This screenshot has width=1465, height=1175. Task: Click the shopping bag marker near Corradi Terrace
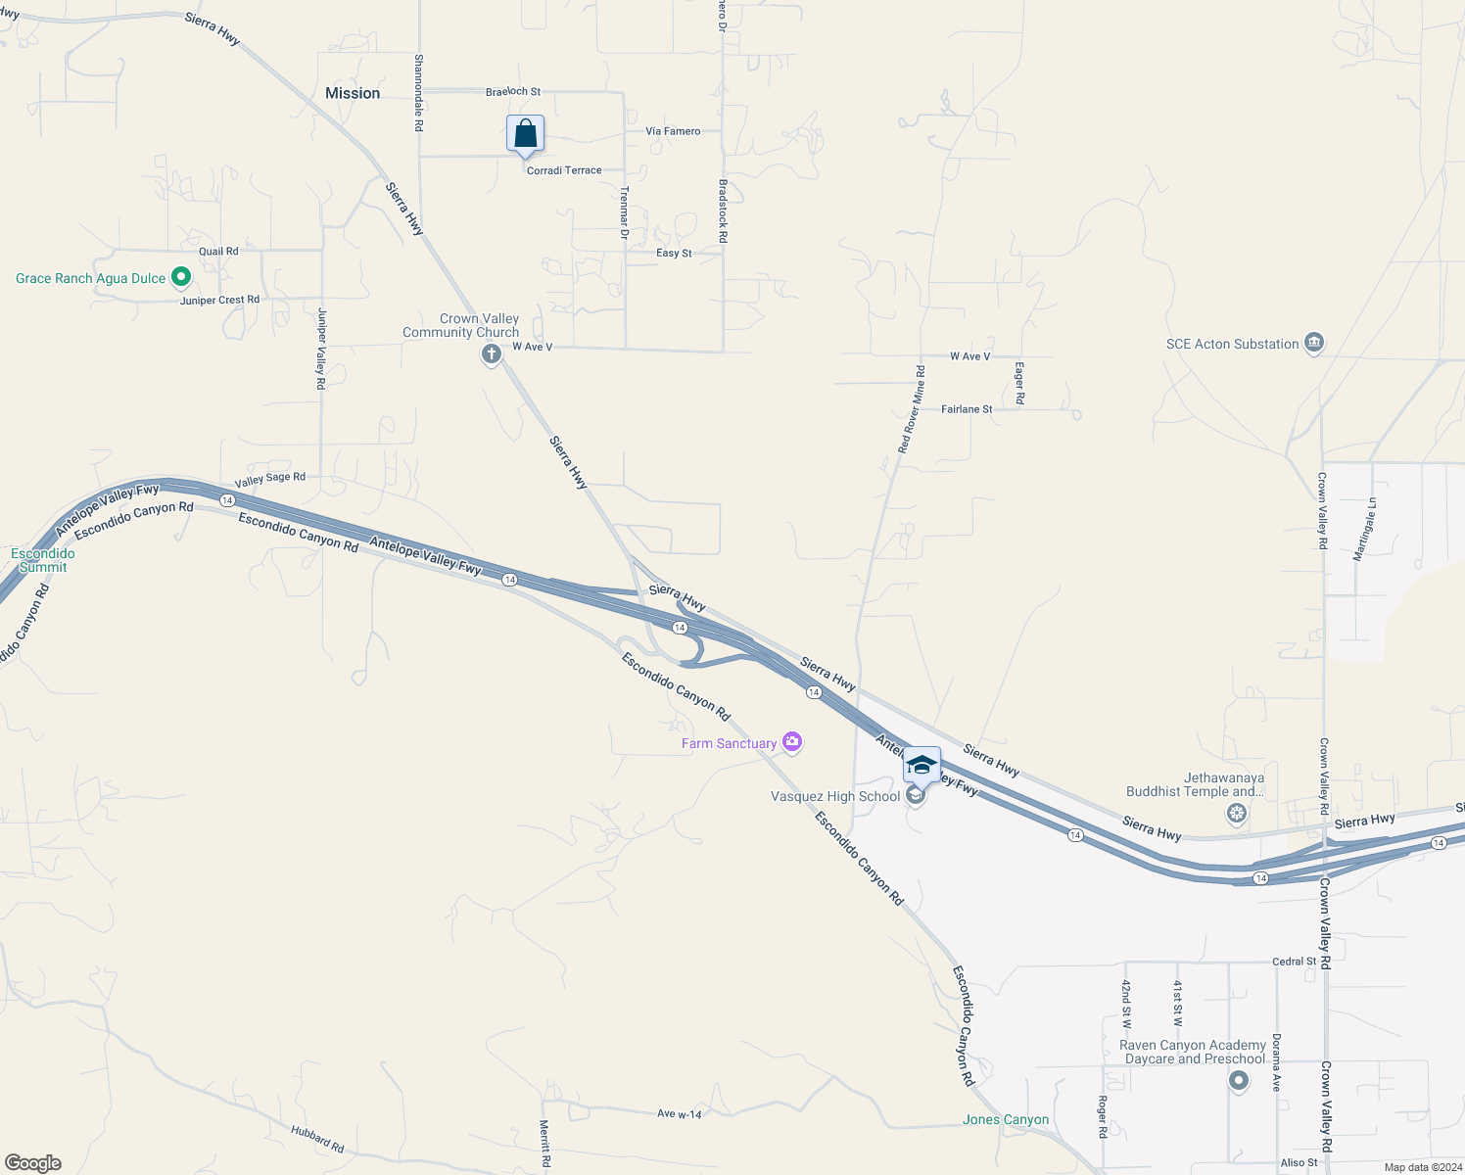[525, 134]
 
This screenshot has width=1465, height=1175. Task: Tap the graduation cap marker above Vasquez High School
[922, 766]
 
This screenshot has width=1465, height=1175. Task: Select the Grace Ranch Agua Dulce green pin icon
[180, 278]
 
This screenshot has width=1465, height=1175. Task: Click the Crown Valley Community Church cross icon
[492, 353]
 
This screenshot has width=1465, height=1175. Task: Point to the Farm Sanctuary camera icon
[793, 743]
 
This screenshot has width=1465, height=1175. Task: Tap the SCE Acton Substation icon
[1314, 344]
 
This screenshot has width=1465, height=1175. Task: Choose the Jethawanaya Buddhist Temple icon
[1238, 813]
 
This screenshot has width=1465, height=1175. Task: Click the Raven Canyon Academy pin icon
[1239, 1081]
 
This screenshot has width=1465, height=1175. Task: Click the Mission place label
[353, 93]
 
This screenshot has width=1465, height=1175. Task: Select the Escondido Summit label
[43, 560]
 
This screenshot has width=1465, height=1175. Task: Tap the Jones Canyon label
[1006, 1119]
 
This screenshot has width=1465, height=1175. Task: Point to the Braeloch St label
[513, 92]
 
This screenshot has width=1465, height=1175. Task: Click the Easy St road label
[674, 253]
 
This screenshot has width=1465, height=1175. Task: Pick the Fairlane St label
[967, 409]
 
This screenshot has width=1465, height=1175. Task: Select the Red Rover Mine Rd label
[911, 409]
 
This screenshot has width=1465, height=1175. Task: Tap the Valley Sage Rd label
[270, 479]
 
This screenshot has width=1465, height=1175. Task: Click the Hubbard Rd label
[317, 1139]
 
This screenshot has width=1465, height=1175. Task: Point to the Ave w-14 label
[679, 1114]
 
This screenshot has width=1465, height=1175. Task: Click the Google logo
[33, 1163]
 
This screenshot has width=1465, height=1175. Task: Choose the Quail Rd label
[218, 252]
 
